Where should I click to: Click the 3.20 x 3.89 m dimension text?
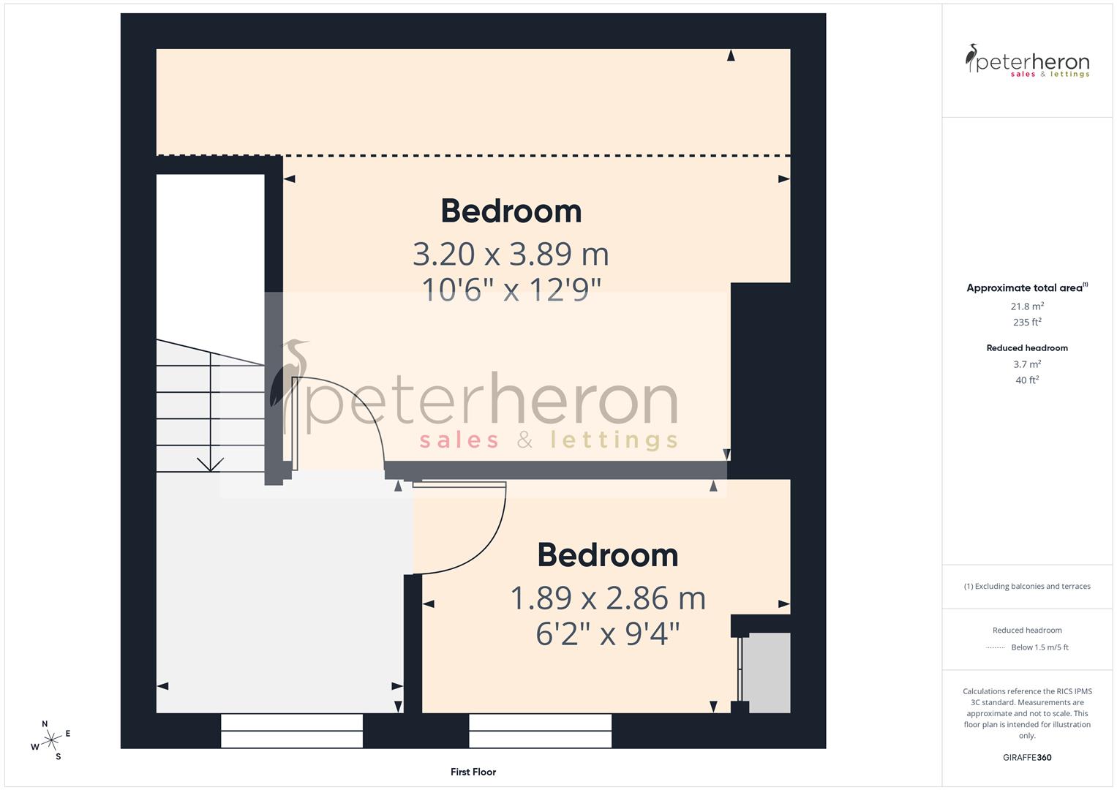511,255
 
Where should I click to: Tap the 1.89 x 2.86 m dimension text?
607,599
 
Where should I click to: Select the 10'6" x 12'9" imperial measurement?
511,290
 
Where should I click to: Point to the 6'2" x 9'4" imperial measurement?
607,633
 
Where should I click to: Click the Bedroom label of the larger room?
511,211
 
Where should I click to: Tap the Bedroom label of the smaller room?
607,555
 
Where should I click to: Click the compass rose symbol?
51,740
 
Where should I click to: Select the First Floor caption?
473,772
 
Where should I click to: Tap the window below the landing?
291,730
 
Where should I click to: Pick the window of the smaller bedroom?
540,730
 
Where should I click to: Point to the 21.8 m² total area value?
1027,306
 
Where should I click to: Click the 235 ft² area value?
1027,322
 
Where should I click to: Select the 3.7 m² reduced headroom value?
1027,364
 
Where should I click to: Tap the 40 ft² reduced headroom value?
1027,380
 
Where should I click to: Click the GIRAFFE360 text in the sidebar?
1027,758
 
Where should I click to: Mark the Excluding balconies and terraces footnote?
1027,586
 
